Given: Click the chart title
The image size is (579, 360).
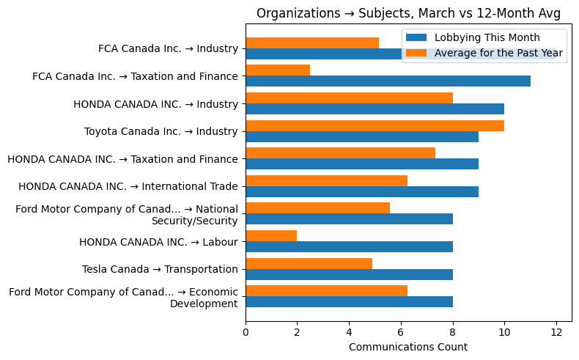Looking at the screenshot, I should coord(408,13).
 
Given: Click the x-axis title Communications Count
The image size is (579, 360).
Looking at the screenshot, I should coord(408,347).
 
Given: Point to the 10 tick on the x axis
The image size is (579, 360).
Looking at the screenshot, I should coord(504,332).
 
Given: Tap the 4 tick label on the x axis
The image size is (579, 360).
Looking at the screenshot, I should coord(349,332).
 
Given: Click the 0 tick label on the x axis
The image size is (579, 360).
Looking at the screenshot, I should coord(246,332).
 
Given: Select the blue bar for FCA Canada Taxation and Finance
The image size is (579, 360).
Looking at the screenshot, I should coord(388,81).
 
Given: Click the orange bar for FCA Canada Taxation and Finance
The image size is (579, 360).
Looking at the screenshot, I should coord(278,70).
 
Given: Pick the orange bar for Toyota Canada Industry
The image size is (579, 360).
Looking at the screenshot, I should coord(375,125).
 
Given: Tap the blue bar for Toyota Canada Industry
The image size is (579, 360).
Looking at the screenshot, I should coord(362,136).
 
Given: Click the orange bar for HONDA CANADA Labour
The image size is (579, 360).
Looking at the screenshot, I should coord(271,236).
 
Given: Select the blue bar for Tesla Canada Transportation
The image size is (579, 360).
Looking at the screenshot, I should coord(349,274).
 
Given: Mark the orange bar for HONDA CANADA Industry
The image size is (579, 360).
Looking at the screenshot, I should coord(349,98).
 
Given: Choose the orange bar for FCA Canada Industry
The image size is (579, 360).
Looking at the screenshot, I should coord(312,43).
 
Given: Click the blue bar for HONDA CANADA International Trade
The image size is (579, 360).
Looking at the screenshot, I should coord(362,191).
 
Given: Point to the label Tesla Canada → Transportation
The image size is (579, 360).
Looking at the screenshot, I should coord(160,269).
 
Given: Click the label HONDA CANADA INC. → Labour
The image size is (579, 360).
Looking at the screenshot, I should coord(158,241).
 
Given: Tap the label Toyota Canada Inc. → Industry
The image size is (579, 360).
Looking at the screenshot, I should coord(161,131).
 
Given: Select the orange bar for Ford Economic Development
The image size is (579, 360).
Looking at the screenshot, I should coord(326,291).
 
